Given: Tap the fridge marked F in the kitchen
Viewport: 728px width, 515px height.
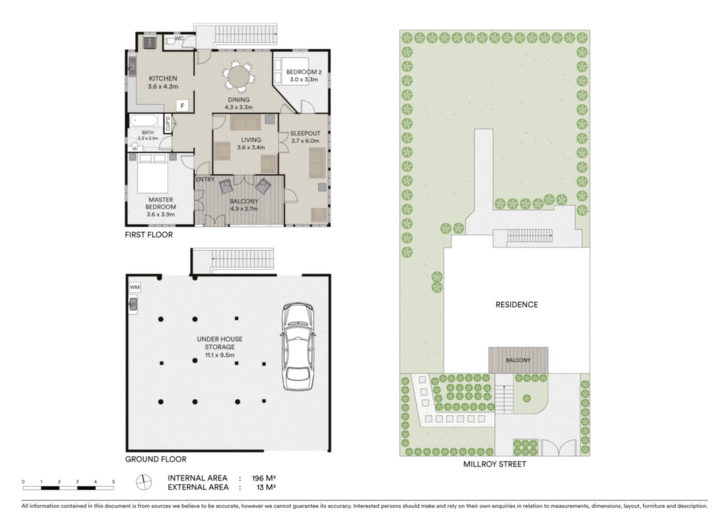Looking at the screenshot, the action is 183,106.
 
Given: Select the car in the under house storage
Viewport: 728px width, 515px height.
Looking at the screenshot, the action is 299,346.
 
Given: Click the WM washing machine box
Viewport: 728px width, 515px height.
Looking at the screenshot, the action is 134,287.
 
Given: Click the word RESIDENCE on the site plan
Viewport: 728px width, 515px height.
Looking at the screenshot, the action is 516,304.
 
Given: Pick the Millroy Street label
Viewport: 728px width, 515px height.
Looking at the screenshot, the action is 495,464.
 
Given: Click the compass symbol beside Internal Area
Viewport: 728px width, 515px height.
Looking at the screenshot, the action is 144,482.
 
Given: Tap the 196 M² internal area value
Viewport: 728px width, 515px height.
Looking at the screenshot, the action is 264,478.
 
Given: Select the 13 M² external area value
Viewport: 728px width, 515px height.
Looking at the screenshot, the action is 266,487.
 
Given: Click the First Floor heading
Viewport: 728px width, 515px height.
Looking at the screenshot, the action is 149,235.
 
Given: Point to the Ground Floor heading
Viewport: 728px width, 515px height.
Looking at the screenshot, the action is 156,460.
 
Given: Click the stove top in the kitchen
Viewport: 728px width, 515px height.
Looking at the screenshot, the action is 149,43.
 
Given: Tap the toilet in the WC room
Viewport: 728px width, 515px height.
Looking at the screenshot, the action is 169,42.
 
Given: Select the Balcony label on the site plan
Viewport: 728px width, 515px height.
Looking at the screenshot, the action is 518,360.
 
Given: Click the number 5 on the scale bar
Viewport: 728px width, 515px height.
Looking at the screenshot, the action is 113,482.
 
